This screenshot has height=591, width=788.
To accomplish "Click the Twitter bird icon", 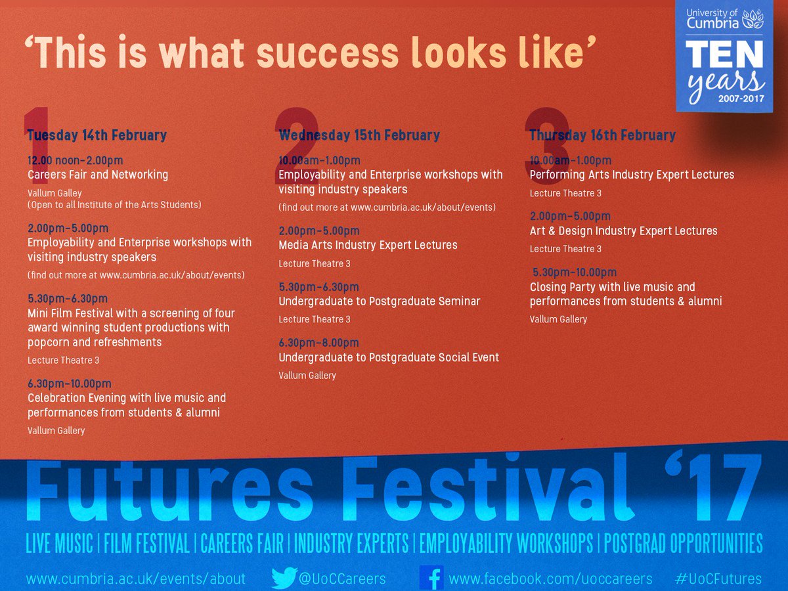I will click(284, 578).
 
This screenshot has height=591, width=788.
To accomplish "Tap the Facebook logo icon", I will click(431, 578).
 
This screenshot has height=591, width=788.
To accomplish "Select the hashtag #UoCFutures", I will click(718, 579).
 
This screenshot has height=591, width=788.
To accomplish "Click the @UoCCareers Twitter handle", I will click(342, 579).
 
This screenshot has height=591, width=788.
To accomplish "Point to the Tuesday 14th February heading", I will click(97, 135).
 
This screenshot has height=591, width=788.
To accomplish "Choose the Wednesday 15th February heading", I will click(359, 135).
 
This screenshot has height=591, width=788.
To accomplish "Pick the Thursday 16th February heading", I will click(602, 135).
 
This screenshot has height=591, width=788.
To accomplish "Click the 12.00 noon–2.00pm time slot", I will click(75, 160).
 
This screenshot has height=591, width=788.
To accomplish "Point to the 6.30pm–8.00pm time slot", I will click(318, 343).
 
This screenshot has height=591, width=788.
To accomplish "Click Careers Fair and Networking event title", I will click(98, 175).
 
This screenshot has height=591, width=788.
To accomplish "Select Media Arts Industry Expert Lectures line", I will click(368, 245).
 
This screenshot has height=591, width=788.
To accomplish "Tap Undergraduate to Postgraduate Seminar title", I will click(379, 301).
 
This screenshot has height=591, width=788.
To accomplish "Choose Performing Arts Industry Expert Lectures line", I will click(632, 175).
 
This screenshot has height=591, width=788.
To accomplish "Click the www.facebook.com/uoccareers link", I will click(550, 579).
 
